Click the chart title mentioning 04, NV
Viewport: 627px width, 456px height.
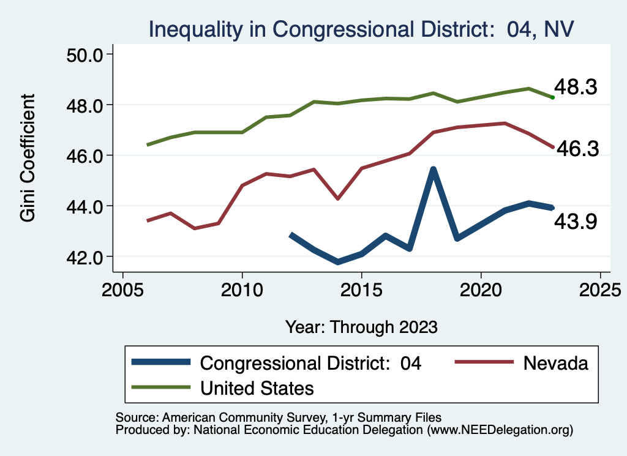tap(361, 29)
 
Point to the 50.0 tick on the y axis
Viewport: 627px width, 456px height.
tap(85, 54)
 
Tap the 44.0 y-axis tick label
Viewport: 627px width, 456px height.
tap(85, 206)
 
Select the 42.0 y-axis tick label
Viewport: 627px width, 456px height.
tap(85, 257)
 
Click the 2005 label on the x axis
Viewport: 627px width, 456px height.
tap(122, 288)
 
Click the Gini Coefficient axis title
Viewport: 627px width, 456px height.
tap(28, 158)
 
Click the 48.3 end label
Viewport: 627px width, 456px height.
tap(576, 88)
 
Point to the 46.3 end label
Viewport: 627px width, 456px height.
tap(577, 149)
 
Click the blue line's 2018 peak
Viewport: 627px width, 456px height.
tap(433, 170)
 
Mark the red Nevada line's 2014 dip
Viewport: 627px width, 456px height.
tap(338, 198)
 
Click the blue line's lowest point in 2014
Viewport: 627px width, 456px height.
tap(338, 262)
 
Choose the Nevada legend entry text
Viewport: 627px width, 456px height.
tap(555, 363)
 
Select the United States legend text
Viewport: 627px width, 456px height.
tap(257, 388)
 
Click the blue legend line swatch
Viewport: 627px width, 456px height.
tap(160, 363)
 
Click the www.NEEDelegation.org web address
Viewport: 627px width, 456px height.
tap(500, 430)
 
